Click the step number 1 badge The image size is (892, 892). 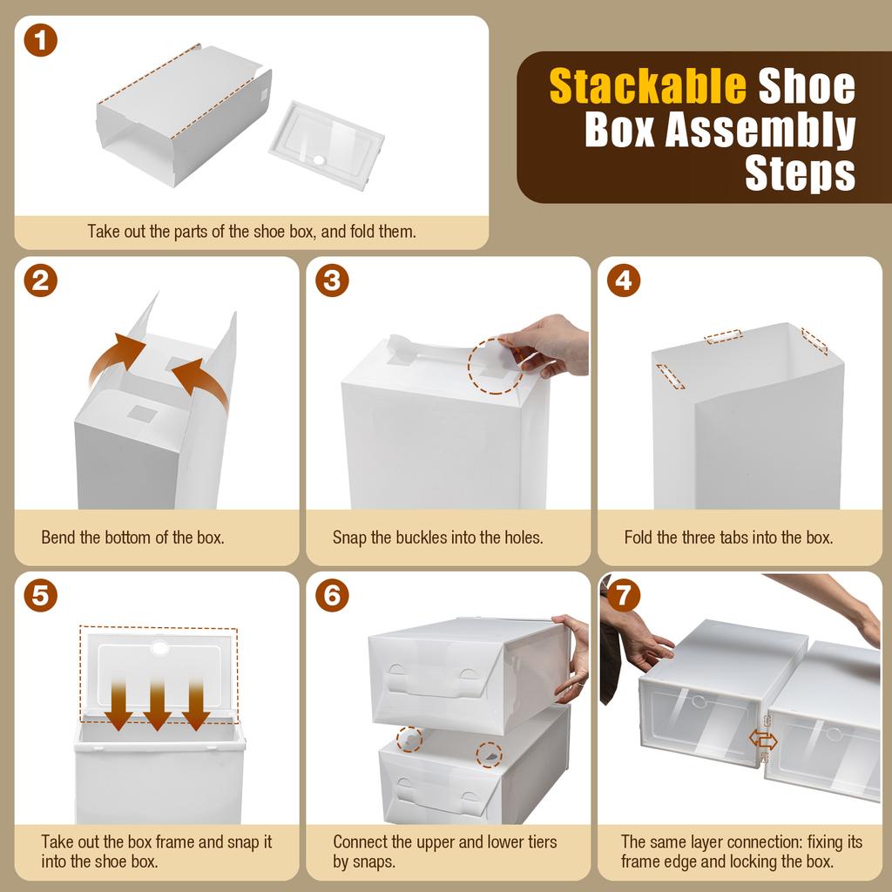[x=41, y=41]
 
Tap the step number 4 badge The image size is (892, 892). [x=623, y=280]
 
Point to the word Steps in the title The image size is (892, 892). [x=800, y=173]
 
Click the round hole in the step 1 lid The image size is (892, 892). [x=320, y=161]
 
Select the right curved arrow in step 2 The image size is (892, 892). [x=202, y=383]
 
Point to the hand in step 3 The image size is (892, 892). [x=551, y=344]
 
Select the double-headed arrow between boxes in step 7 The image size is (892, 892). [x=763, y=740]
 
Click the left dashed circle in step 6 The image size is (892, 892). [x=409, y=740]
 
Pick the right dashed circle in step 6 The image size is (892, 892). [x=490, y=754]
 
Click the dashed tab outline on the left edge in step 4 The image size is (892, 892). [x=670, y=376]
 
